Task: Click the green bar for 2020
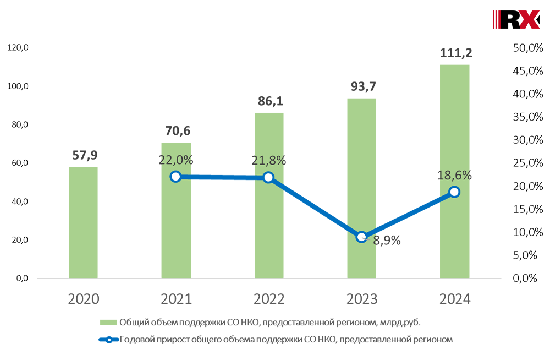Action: (x=83, y=222)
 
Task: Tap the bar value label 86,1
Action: (x=269, y=101)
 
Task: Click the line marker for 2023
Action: (x=361, y=237)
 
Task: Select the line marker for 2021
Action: (x=175, y=177)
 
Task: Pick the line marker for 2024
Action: (x=454, y=192)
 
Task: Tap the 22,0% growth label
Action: (x=176, y=160)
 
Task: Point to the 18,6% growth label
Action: (x=455, y=176)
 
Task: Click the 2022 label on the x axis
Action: (x=269, y=299)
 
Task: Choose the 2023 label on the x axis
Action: (x=362, y=299)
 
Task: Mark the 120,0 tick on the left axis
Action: (x=18, y=48)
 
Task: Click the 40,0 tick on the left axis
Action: (x=19, y=201)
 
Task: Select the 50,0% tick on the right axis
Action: (x=524, y=48)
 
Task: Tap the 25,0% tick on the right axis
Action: (x=524, y=163)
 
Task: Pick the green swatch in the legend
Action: (x=108, y=323)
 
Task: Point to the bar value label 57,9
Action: (x=84, y=155)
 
